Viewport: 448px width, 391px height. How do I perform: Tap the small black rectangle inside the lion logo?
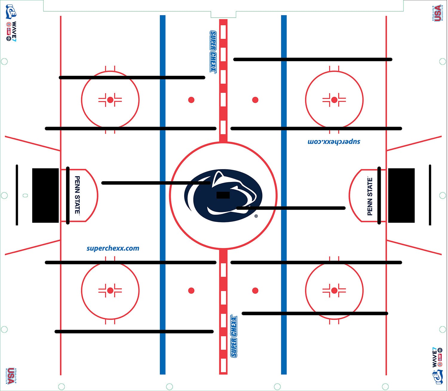click(223, 195)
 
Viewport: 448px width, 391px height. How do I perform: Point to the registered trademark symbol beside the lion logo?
click(256, 216)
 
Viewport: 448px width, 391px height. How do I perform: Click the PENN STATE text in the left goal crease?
click(77, 195)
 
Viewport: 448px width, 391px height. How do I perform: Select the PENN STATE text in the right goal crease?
click(370, 196)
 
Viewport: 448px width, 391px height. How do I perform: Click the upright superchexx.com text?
click(113, 248)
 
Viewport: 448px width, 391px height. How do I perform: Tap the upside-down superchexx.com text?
click(334, 141)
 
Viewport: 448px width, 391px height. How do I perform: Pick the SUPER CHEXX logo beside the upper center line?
click(213, 51)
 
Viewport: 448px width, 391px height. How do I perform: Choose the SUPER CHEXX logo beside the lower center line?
click(234, 336)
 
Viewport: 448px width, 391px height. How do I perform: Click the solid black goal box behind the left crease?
click(45, 195)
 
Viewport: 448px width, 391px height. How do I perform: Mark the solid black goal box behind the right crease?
click(401, 195)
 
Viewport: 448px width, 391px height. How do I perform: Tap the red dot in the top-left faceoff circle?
click(110, 100)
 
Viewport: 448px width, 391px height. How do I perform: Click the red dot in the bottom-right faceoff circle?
click(334, 290)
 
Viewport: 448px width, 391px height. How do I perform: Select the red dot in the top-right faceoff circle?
click(334, 100)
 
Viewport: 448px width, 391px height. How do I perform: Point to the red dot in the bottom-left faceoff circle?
click(110, 290)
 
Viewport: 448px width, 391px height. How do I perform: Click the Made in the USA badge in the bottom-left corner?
click(10, 376)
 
